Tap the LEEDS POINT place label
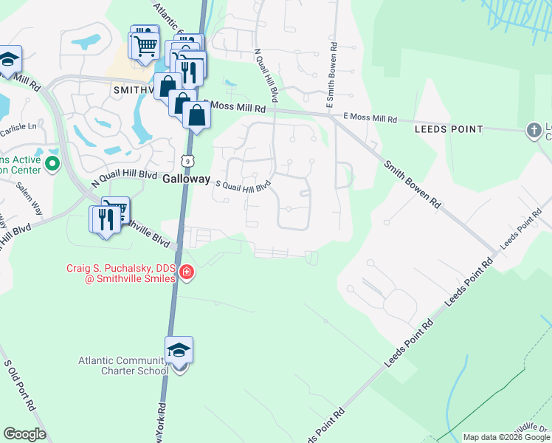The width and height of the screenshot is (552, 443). [449, 129]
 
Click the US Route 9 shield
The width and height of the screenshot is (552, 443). [189, 159]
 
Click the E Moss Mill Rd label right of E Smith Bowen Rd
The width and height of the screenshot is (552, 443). [370, 118]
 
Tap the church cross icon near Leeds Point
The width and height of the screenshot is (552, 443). [534, 131]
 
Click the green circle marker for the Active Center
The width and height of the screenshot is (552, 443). [52, 162]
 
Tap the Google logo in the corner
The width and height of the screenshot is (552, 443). [24, 434]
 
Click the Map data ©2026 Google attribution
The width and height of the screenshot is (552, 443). [506, 437]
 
